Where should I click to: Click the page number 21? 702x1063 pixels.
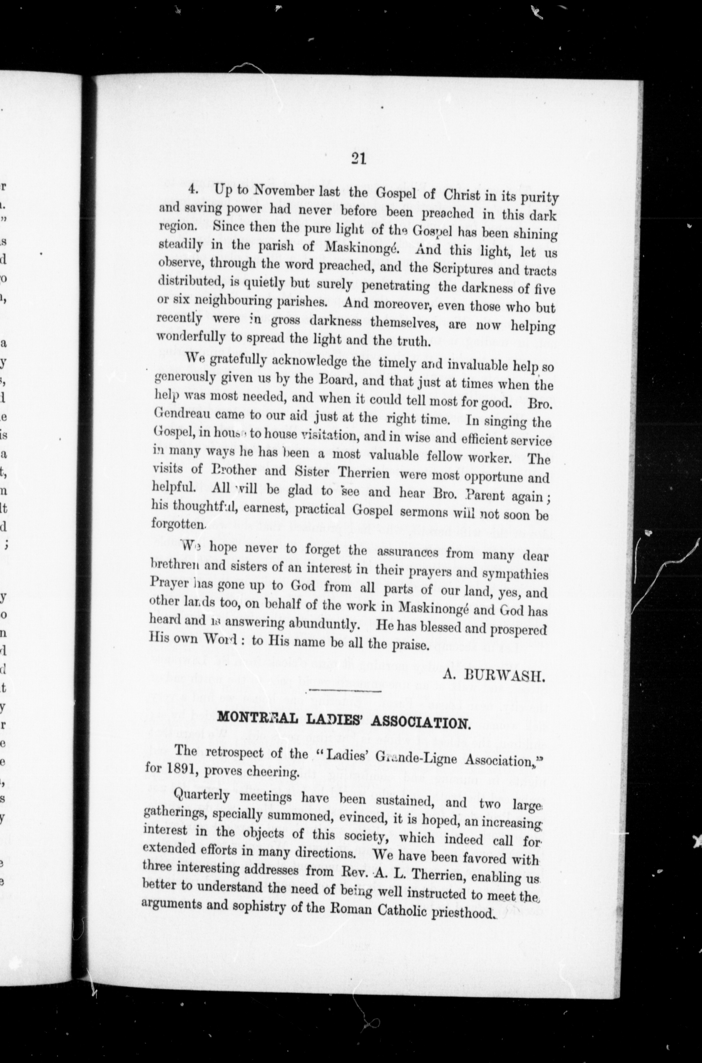tap(359, 160)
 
